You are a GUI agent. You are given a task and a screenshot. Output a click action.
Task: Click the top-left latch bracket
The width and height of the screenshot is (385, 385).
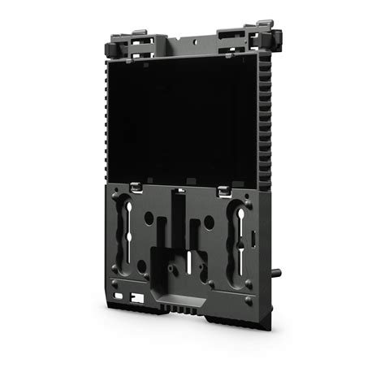pos(134,44)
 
